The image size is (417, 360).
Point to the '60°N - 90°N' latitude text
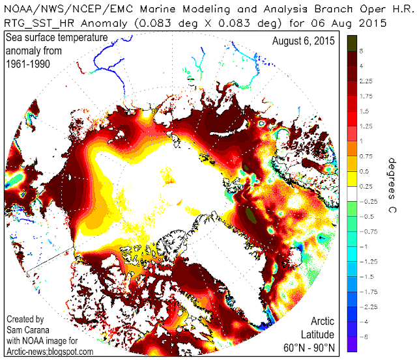tap(312, 349)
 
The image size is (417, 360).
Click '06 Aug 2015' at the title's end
tap(359, 22)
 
